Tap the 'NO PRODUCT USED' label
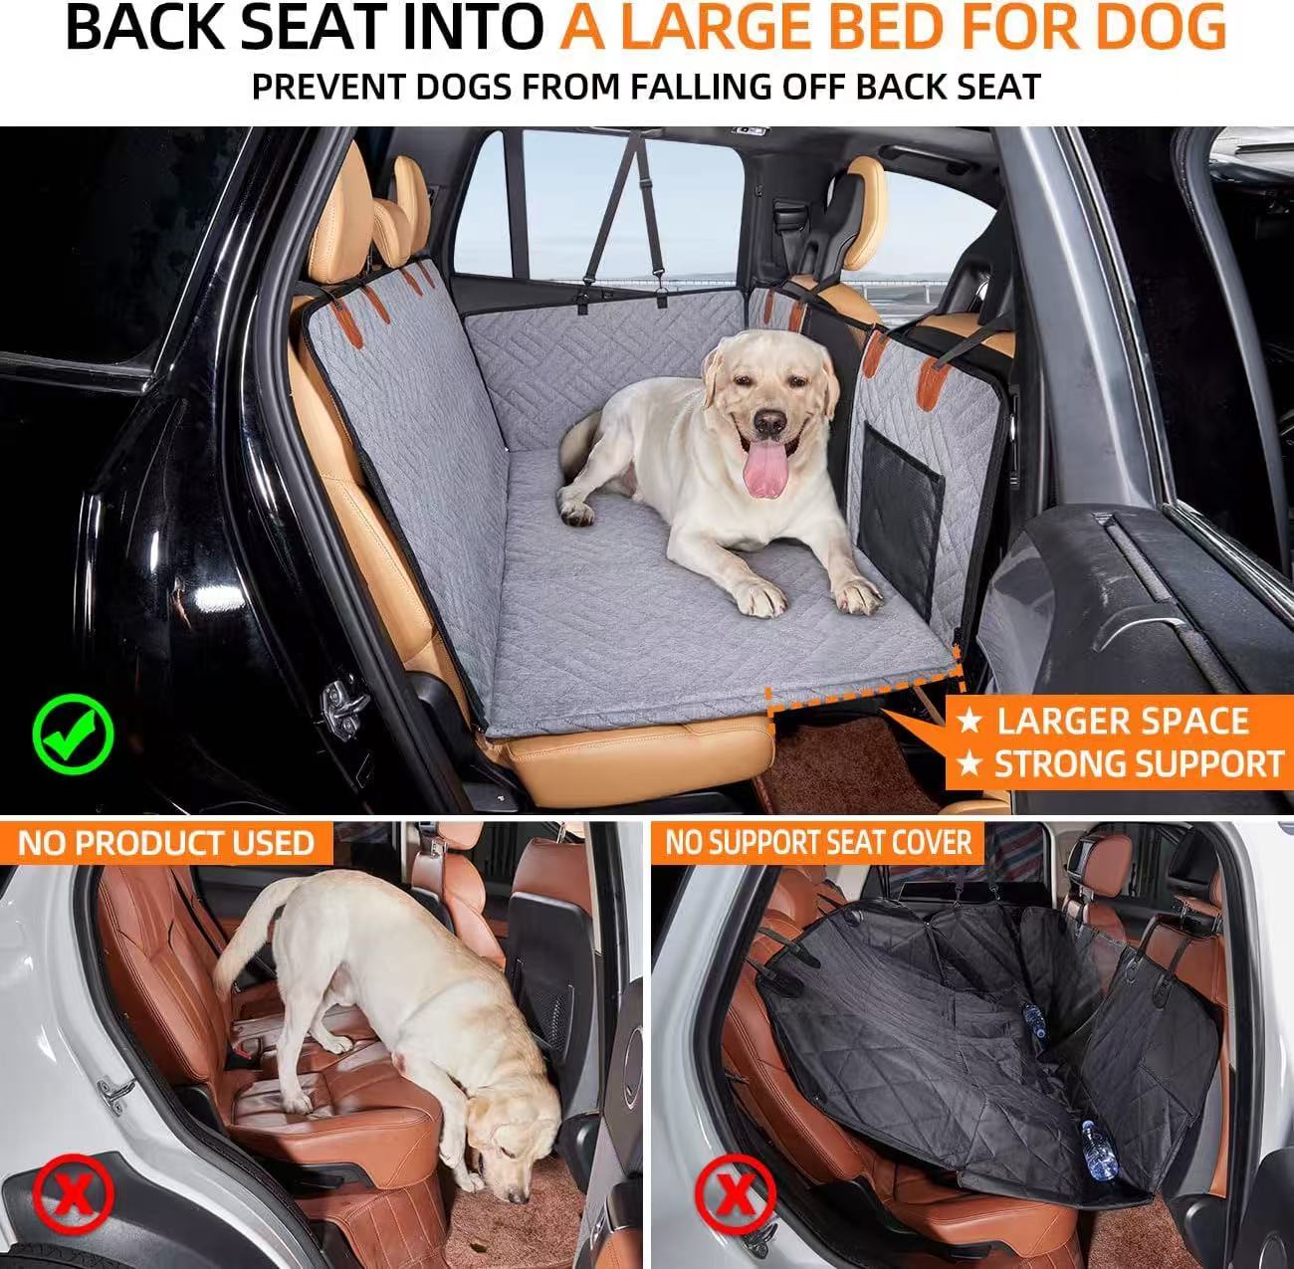point(165,844)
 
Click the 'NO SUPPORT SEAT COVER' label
point(818,844)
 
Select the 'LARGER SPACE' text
point(1123,721)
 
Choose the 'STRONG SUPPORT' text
point(1139,764)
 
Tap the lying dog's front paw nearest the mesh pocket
point(856,597)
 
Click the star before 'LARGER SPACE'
point(970,720)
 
